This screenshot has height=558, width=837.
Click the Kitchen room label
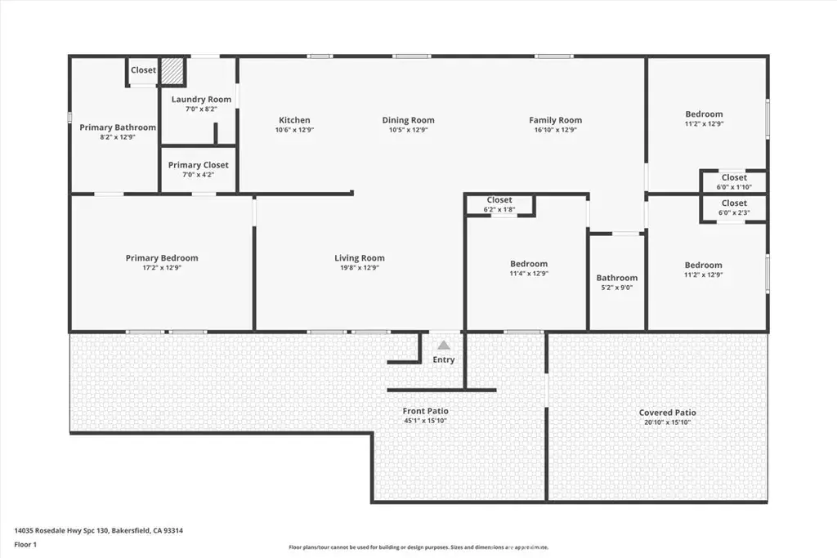[294, 120]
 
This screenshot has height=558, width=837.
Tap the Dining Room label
[409, 120]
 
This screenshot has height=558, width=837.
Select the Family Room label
[556, 120]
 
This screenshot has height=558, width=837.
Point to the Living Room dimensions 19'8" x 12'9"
[360, 268]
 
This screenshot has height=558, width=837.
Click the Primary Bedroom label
[162, 257]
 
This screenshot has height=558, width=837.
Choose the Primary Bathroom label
[118, 127]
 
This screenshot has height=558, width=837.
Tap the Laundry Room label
[201, 99]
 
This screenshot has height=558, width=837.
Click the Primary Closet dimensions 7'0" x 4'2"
[199, 175]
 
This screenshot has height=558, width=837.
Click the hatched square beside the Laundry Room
[172, 71]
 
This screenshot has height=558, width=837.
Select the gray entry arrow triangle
[444, 345]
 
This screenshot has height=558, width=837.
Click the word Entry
[444, 359]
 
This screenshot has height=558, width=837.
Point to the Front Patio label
[425, 411]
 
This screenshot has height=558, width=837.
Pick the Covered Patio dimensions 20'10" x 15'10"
[667, 422]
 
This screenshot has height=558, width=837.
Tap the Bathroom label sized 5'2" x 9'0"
[617, 278]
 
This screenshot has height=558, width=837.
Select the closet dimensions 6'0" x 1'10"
[734, 187]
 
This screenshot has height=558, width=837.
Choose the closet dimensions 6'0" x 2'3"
[734, 213]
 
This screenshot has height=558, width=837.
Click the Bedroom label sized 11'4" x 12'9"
[529, 264]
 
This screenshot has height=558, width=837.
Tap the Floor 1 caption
[25, 545]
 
